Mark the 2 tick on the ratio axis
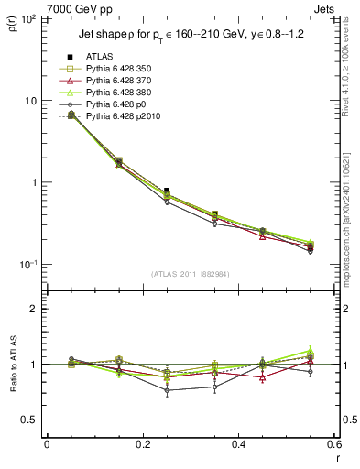tap(36, 309)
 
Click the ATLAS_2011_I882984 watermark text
tap(190, 273)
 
